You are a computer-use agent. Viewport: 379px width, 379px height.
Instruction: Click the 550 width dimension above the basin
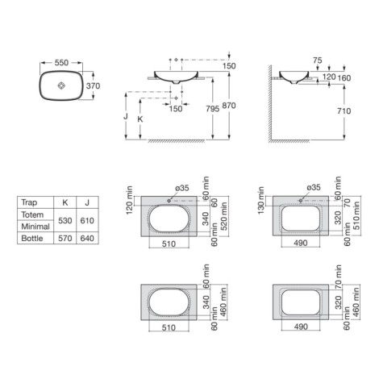pos(61,63)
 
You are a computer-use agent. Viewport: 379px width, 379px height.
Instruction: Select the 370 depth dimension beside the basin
pos(93,85)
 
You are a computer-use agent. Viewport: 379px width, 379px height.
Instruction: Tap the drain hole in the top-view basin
pos(61,85)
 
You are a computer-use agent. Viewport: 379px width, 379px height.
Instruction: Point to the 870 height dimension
pos(229,106)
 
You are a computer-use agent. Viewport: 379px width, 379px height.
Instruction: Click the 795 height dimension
pos(213,109)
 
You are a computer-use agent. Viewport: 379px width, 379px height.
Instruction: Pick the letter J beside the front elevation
pos(126,116)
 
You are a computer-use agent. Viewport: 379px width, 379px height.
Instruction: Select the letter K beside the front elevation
pos(140,119)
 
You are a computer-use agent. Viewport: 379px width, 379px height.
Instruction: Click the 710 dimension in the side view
pos(344,110)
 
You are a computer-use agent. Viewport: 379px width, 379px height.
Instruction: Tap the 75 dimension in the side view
pos(318,60)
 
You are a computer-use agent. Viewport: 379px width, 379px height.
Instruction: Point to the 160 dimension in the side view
pos(344,78)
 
